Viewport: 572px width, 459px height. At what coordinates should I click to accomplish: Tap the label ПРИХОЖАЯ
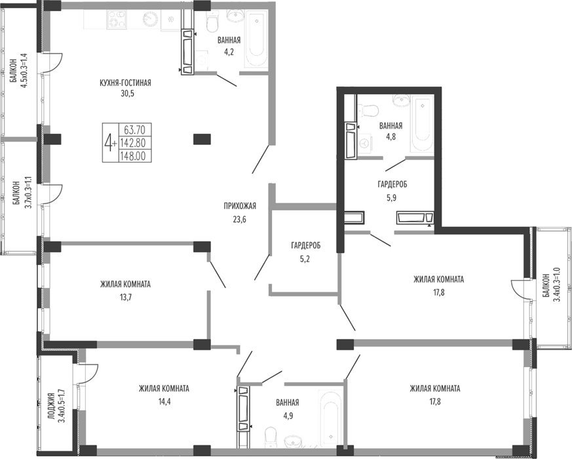coord(240,207)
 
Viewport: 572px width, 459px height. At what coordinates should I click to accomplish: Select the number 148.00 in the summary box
coord(136,156)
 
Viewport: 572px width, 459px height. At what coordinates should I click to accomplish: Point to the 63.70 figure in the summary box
coord(135,130)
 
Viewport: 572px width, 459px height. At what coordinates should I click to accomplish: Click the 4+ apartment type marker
coord(110,142)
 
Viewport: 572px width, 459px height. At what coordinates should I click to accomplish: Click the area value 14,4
coord(164,402)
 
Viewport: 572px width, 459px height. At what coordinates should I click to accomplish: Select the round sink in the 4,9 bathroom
coord(293,441)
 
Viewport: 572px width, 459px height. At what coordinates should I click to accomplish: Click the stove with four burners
coord(117,20)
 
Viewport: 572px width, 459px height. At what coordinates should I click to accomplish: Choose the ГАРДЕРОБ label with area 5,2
coord(306,246)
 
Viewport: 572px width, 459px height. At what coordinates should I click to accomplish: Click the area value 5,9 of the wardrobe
coord(392,197)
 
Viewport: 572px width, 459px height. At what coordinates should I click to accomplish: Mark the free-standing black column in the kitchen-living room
coord(202,139)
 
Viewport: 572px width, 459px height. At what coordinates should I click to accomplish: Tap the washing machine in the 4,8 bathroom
coord(365,144)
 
